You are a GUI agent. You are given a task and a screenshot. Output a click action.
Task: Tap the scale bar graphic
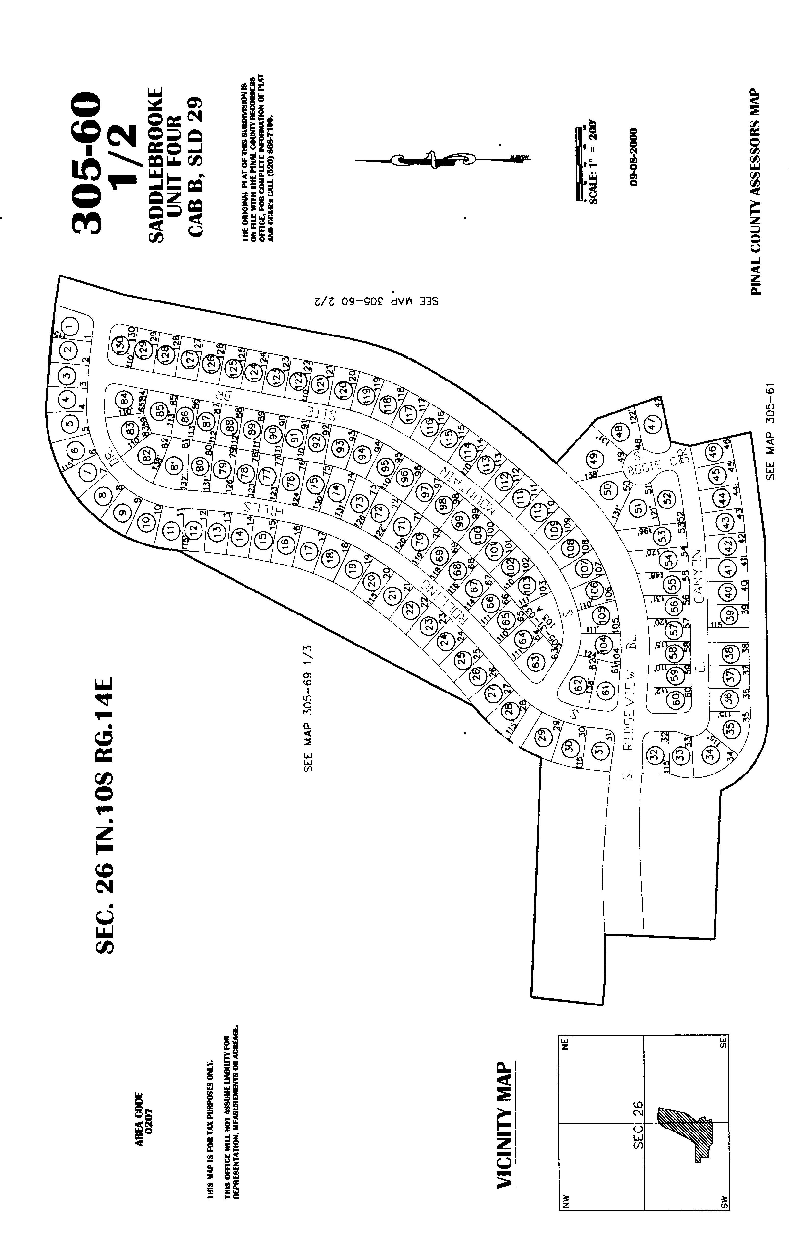tap(579, 164)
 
